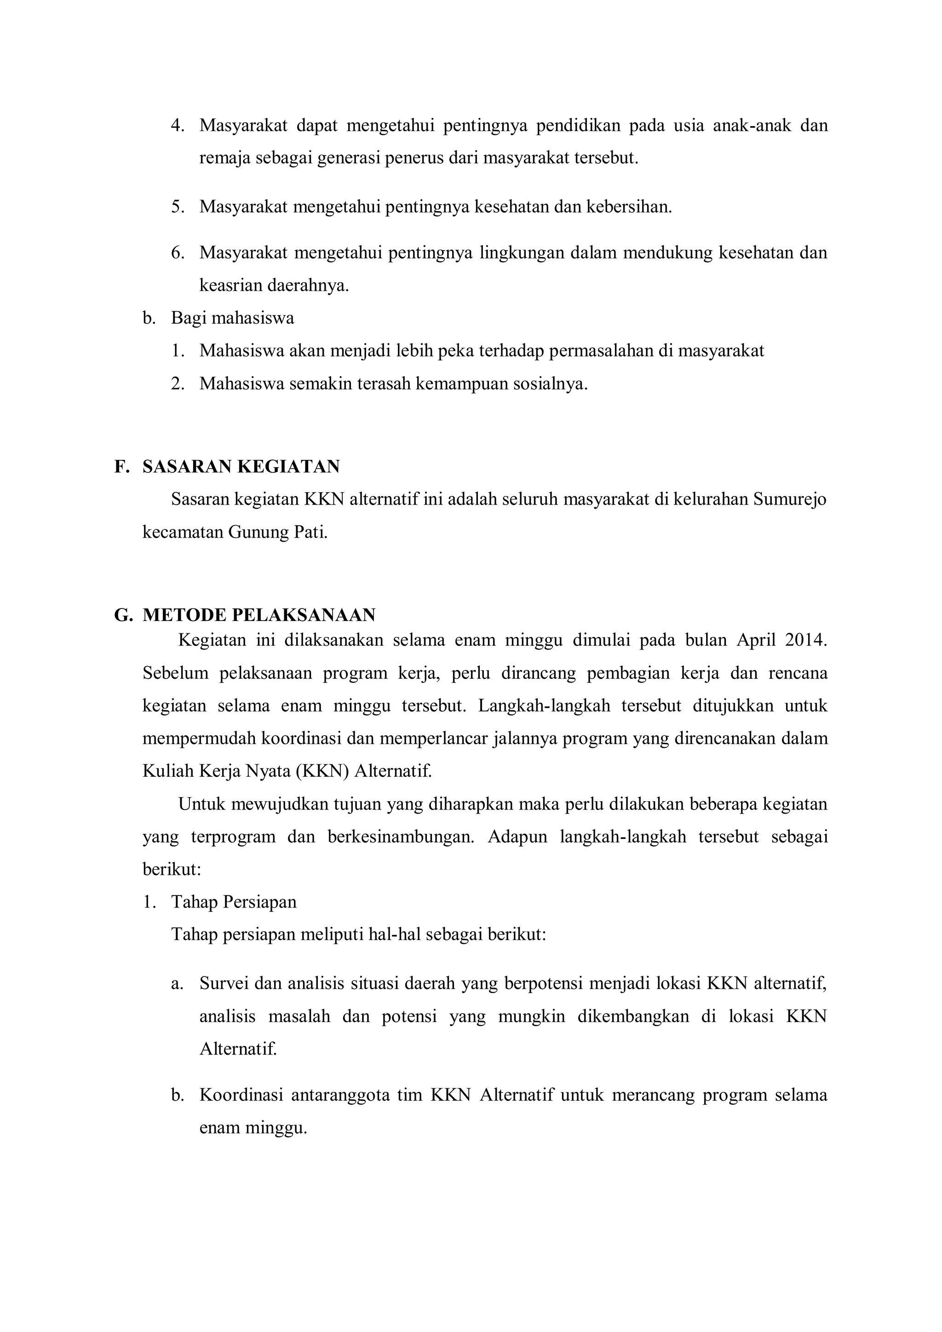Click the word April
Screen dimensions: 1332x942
pos(754,641)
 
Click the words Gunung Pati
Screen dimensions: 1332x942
pos(277,533)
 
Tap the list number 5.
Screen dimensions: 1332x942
pos(178,207)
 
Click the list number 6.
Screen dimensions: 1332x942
pos(178,253)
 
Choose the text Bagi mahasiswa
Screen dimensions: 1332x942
pos(232,318)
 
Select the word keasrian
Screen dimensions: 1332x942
pos(230,286)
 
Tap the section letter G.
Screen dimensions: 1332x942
pos(122,615)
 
